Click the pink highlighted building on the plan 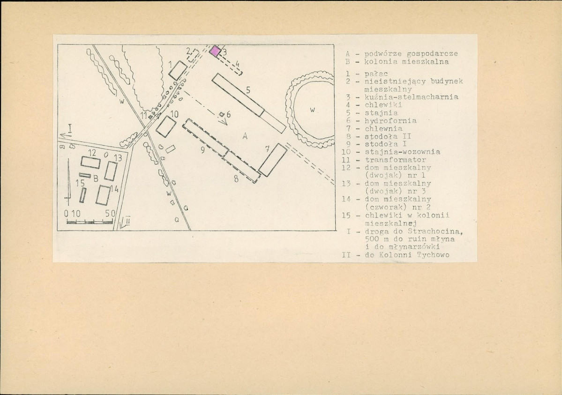(215, 51)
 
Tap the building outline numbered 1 (178, 71)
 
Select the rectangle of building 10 (166, 127)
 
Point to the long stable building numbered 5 (249, 103)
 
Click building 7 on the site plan (273, 160)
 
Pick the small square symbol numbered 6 (222, 114)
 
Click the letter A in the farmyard (245, 136)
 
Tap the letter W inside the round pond (312, 110)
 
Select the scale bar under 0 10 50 (90, 222)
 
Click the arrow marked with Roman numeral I (66, 135)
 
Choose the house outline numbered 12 (90, 163)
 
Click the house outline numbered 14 (103, 195)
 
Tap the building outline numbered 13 (111, 171)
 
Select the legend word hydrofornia (390, 121)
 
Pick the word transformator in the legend (396, 160)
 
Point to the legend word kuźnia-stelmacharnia (412, 97)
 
